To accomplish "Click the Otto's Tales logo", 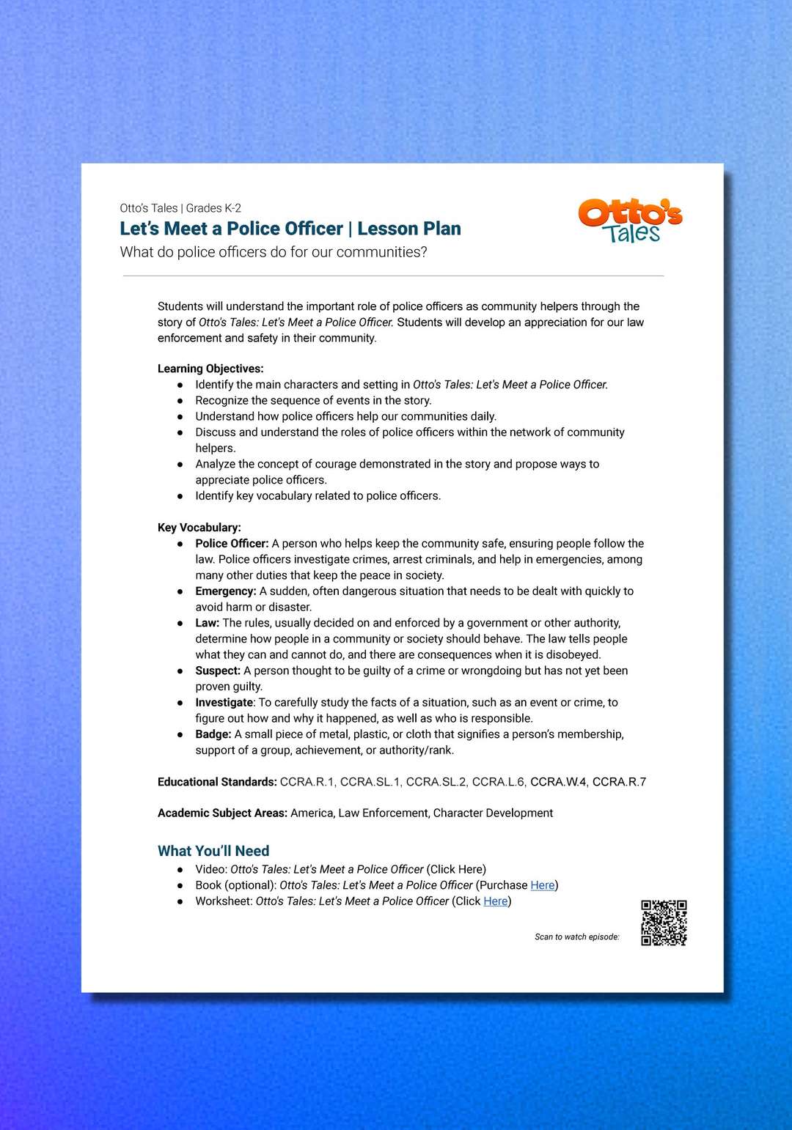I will pyautogui.click(x=630, y=220).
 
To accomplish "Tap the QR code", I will pyautogui.click(x=664, y=923).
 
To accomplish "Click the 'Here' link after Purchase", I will pyautogui.click(x=543, y=885).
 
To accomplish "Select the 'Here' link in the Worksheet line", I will pyautogui.click(x=496, y=901).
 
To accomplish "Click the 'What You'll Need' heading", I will pyautogui.click(x=213, y=851).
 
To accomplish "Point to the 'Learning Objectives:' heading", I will pyautogui.click(x=210, y=369).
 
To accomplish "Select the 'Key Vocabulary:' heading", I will pyautogui.click(x=199, y=528).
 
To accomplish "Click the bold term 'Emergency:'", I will pyautogui.click(x=226, y=591).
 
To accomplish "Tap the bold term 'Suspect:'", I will pyautogui.click(x=218, y=671).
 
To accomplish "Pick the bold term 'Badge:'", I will pyautogui.click(x=213, y=734).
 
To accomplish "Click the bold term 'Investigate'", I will pyautogui.click(x=224, y=703).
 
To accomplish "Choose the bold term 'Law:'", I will pyautogui.click(x=208, y=623).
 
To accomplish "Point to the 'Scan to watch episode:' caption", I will pyautogui.click(x=577, y=937).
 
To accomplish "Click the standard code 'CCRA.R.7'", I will pyautogui.click(x=619, y=782).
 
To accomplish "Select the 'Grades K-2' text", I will pyautogui.click(x=213, y=208).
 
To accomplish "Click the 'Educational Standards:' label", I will pyautogui.click(x=217, y=782).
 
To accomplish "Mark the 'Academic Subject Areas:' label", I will pyautogui.click(x=222, y=813).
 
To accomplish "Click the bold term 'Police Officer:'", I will pyautogui.click(x=232, y=544).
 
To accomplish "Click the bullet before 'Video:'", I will pyautogui.click(x=180, y=870).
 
